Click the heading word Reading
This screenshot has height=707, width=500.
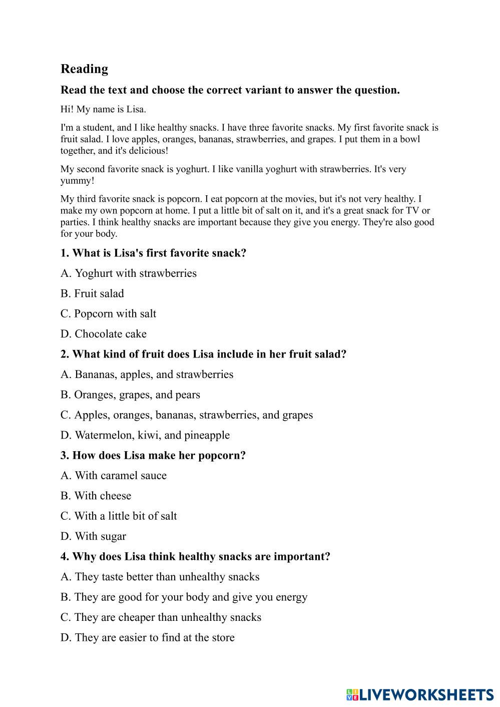point(84,69)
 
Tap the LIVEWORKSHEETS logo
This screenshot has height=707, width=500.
point(419,694)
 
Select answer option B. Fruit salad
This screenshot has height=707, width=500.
point(92,293)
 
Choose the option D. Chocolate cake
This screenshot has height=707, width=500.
point(104,334)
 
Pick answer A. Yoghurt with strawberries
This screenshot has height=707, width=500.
point(129,273)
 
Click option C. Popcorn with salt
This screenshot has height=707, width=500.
point(108,314)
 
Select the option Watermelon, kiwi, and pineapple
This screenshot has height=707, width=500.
point(145,435)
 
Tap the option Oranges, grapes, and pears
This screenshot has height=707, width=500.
point(130,395)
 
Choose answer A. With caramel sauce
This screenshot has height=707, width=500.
point(114,476)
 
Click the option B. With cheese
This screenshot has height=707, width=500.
point(96,496)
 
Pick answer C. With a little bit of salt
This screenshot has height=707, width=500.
point(119,516)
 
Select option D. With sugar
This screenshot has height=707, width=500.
point(93,536)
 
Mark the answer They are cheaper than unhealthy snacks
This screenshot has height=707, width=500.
point(161,617)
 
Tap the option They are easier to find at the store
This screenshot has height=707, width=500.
point(148,637)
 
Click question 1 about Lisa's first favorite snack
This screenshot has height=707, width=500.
point(153,253)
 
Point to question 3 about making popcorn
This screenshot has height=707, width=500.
point(153,455)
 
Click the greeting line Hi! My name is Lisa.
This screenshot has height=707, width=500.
point(103,109)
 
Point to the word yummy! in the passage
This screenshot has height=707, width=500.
point(77,180)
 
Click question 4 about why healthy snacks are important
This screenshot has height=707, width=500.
point(195,556)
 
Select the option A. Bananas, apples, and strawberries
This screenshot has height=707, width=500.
point(147,375)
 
